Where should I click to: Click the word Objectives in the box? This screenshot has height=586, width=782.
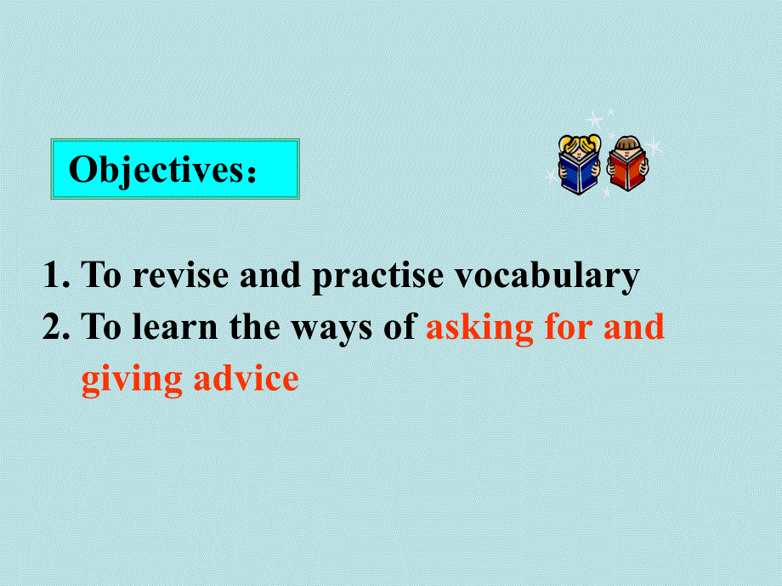click(156, 170)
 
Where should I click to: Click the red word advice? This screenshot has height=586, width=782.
click(246, 378)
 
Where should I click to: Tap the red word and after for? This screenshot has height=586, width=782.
click(635, 327)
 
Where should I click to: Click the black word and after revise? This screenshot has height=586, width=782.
click(273, 276)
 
